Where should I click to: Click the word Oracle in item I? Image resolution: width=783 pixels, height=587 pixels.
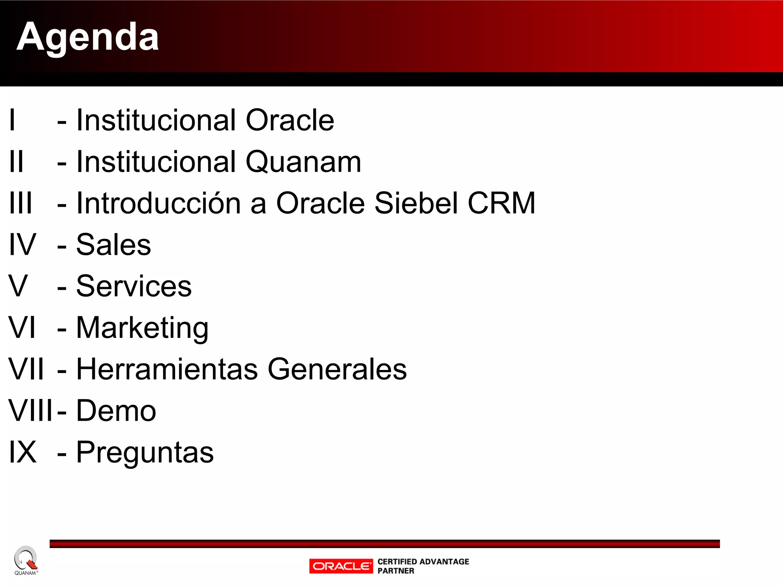point(289,120)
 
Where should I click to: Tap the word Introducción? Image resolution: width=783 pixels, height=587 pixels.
point(158,203)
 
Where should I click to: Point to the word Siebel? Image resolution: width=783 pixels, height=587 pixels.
point(416,203)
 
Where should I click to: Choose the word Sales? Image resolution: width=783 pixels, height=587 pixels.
point(114,245)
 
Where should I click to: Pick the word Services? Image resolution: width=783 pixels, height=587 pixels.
point(134,286)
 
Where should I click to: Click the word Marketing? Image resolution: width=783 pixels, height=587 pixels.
point(142,328)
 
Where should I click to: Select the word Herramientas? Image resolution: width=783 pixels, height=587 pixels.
point(167,369)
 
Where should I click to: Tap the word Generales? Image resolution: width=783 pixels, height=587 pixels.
point(337,369)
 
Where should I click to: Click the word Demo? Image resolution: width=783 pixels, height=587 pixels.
point(116,411)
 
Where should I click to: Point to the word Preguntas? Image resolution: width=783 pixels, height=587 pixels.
point(145,452)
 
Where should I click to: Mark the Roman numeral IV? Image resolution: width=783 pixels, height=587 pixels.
point(23,245)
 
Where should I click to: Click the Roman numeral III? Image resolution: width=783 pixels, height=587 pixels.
point(21,203)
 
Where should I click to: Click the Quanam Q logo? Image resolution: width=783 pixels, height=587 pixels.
point(25,559)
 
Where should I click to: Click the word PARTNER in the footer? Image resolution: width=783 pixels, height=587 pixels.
point(396,571)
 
